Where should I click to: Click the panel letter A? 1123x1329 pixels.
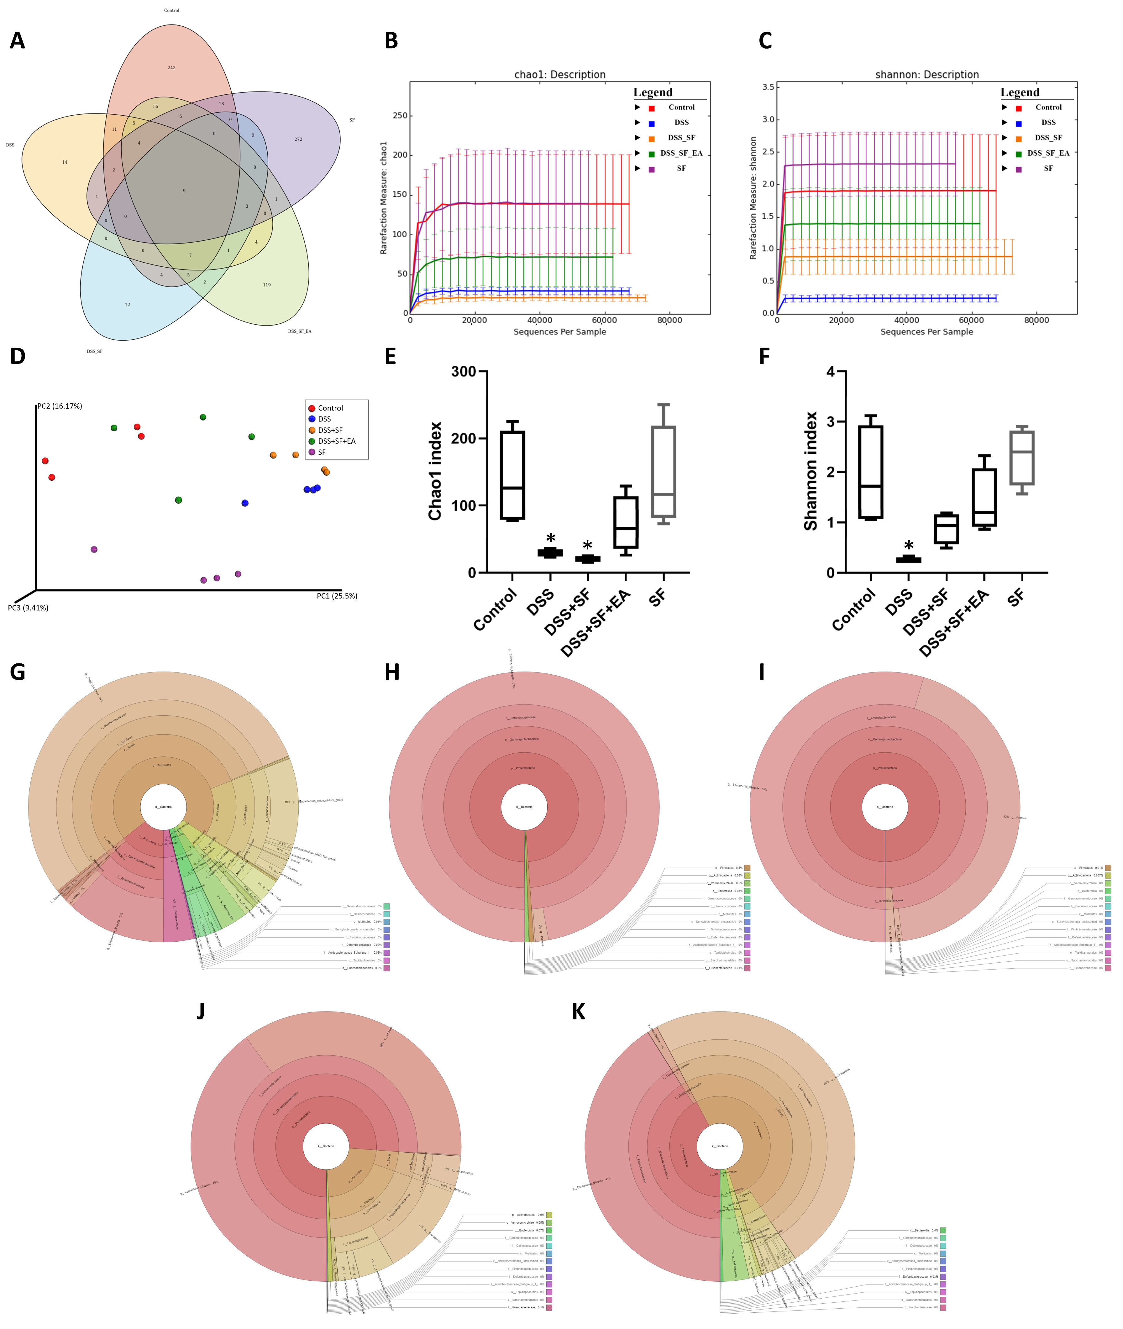pos(17,41)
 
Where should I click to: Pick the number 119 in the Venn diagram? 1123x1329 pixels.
pos(267,285)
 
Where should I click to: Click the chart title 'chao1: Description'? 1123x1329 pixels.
pos(559,75)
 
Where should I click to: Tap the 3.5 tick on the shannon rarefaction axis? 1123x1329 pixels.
pos(768,87)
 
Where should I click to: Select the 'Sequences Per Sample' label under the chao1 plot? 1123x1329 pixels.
pos(559,332)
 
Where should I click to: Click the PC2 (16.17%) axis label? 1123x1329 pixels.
pos(60,406)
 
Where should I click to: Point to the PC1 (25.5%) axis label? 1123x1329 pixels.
pos(337,596)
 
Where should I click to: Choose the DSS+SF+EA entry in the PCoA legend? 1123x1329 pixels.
pos(336,441)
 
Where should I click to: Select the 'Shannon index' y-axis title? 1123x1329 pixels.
pos(811,471)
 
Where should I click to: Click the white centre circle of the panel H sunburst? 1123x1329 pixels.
pos(524,807)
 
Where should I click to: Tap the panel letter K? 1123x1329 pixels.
pos(578,1012)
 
